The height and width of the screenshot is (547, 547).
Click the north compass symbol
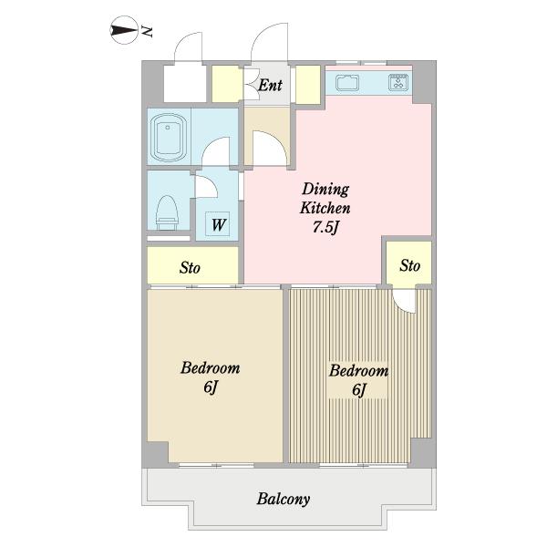(x=124, y=30)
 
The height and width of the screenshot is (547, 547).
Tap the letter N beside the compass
(x=147, y=31)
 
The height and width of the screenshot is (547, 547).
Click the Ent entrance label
(x=270, y=85)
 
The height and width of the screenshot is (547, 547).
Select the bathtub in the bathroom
(x=168, y=137)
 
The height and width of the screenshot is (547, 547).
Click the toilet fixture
(x=167, y=212)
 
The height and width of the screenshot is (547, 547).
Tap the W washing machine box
(x=218, y=224)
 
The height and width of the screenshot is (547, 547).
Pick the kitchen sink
(x=347, y=83)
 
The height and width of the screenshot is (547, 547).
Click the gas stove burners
(x=398, y=82)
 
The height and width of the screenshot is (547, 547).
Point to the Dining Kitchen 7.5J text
(x=325, y=208)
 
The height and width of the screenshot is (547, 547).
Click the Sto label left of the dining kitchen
(x=190, y=267)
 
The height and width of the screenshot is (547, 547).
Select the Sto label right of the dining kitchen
(x=409, y=265)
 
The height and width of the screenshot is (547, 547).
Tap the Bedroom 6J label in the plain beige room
(x=211, y=377)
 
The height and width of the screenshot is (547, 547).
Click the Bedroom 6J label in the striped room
(x=358, y=379)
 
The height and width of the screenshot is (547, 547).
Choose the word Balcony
(x=284, y=500)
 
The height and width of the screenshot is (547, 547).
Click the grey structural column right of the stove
(x=424, y=83)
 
